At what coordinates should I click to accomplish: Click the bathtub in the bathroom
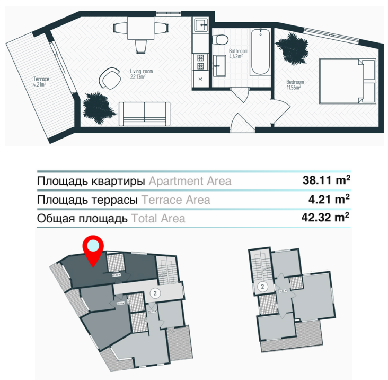point(260,52)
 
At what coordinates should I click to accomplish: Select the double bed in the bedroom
point(348,82)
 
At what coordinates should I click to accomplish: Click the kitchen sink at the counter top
point(201,24)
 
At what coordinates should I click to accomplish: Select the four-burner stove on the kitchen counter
point(200,62)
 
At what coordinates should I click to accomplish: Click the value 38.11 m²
point(325,180)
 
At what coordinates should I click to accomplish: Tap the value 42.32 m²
point(325,218)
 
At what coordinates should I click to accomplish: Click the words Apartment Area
point(190,181)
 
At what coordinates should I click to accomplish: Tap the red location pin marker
point(93,248)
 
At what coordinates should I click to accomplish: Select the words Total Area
point(158,218)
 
